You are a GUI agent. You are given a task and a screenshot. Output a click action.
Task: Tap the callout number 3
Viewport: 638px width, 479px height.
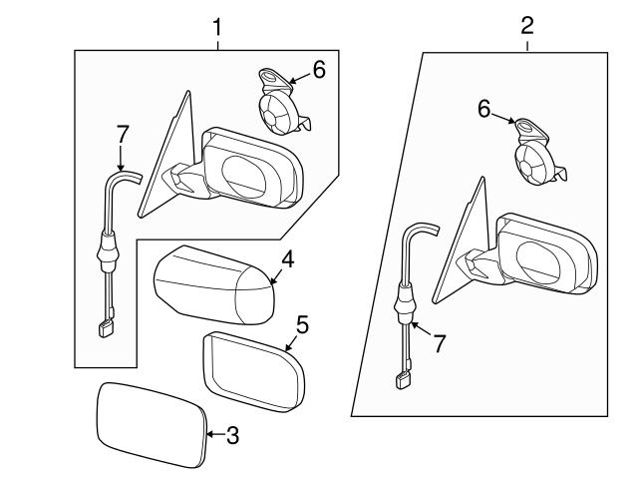tap(231, 434)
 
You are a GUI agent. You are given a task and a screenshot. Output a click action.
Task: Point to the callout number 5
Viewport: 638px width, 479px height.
tap(303, 325)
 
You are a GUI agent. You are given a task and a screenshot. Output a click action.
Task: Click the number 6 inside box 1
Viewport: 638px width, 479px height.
tap(318, 69)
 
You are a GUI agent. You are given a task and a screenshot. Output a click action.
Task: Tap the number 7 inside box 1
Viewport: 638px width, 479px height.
tap(122, 134)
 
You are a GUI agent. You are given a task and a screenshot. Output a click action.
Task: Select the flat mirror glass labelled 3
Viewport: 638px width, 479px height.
tap(150, 423)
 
